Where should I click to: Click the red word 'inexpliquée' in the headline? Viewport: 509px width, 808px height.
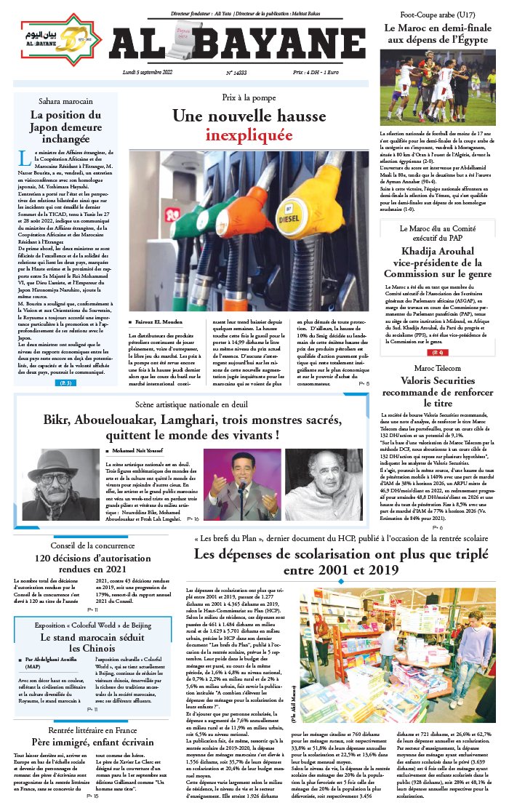[x=238, y=135]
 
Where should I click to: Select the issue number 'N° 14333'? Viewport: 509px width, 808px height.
[x=236, y=73]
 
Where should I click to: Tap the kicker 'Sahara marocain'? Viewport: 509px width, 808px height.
[x=65, y=101]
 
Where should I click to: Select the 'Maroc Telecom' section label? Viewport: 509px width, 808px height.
[x=437, y=369]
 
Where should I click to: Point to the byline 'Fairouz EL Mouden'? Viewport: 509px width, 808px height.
[x=159, y=321]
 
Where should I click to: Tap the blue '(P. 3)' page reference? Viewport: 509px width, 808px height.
[x=65, y=383]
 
